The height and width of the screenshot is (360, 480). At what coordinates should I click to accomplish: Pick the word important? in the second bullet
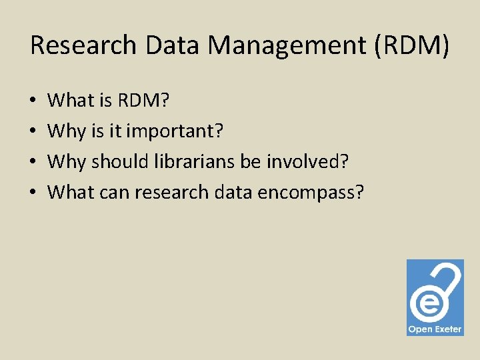[x=175, y=131]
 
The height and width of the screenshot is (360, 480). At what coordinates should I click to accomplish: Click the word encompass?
[x=311, y=193]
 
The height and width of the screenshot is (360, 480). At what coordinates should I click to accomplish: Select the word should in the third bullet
[x=115, y=161]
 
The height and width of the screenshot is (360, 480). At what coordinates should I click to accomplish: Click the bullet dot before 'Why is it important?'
[x=33, y=132]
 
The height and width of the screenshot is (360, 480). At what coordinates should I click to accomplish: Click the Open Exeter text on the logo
[x=435, y=329]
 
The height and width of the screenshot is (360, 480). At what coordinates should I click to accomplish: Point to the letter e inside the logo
[x=426, y=303]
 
